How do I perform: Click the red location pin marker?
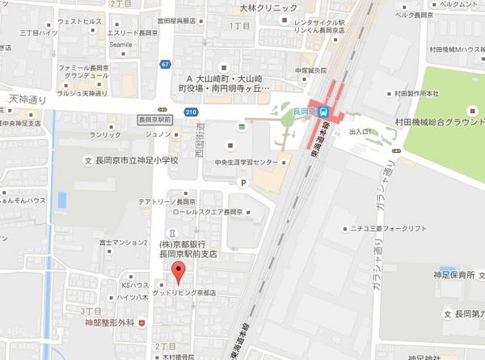[x=179, y=272]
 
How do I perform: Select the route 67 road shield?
[x=165, y=64]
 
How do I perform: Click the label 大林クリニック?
[x=264, y=8]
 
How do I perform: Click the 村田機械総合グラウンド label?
[x=441, y=121]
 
